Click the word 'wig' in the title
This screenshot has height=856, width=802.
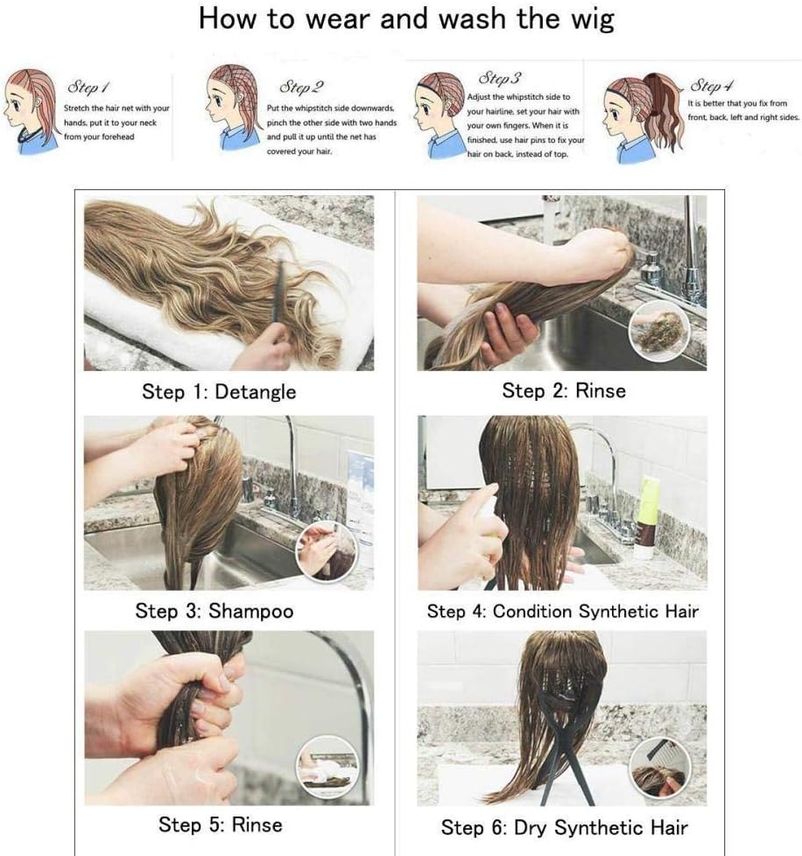click(593, 19)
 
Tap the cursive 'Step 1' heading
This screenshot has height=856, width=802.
click(88, 87)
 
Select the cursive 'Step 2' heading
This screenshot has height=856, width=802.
click(301, 87)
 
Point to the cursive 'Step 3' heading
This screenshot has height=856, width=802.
click(500, 78)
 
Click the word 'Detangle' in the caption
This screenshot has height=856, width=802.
click(256, 392)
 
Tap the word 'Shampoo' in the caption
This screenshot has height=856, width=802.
click(251, 611)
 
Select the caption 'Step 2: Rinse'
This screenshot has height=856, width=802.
click(564, 391)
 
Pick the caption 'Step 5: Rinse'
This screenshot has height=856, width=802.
click(221, 824)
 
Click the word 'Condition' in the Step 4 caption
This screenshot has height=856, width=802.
click(533, 611)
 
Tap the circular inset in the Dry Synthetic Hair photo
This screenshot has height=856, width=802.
click(660, 768)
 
